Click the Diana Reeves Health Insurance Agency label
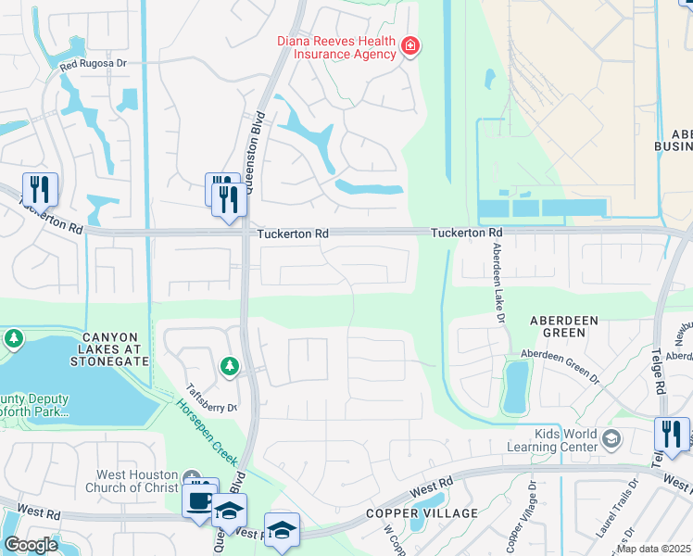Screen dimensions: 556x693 tap(336, 47)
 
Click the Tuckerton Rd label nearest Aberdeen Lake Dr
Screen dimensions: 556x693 tap(466, 233)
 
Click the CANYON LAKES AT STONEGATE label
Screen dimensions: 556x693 tap(90, 348)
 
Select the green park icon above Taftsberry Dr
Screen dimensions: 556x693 tap(229, 368)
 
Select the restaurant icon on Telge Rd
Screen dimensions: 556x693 tap(672, 435)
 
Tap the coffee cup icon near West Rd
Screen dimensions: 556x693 tap(199, 501)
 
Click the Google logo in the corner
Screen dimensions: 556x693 tap(31, 545)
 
